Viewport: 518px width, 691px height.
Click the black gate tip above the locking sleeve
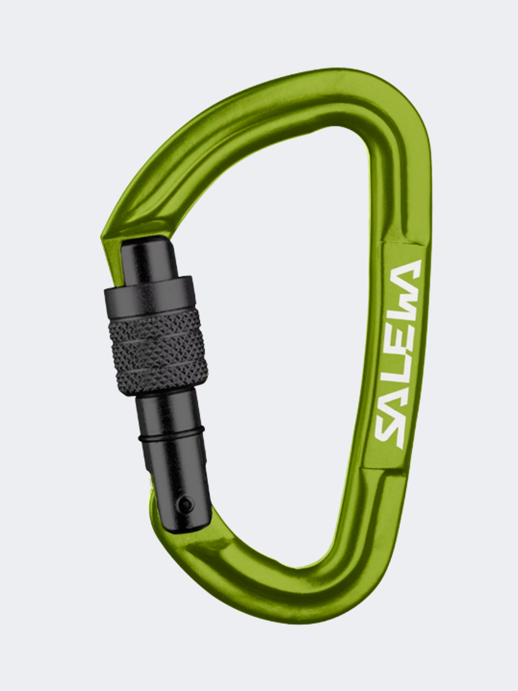click(x=144, y=258)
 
